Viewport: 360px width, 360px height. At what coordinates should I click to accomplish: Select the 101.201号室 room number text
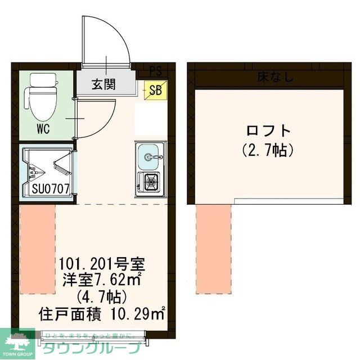tap(103, 263)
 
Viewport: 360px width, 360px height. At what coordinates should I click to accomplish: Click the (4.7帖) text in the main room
tap(103, 296)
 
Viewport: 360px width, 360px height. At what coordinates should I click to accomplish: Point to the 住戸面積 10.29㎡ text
tap(102, 313)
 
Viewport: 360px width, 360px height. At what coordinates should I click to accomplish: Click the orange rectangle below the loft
tap(214, 249)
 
